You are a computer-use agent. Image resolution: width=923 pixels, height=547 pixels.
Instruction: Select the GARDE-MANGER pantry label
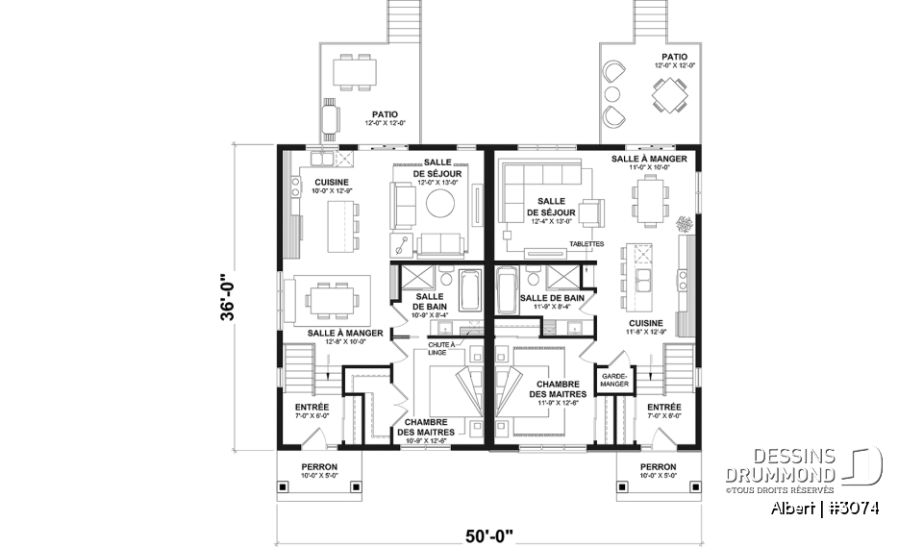pos(613,380)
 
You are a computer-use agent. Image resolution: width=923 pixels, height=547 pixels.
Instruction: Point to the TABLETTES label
pos(586,244)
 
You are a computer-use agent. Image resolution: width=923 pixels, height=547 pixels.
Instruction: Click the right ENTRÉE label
pos(664,408)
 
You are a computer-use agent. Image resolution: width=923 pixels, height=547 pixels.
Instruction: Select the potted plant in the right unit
pos(685,225)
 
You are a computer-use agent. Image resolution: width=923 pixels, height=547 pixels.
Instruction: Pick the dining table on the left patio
pos(358,72)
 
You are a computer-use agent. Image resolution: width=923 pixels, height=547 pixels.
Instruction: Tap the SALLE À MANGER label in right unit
pos(649,159)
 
